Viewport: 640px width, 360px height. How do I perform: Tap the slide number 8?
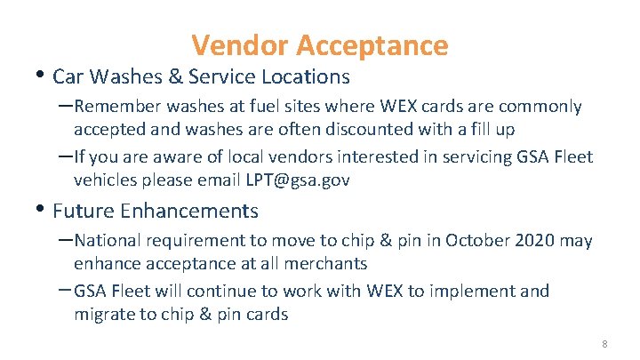(604, 343)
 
